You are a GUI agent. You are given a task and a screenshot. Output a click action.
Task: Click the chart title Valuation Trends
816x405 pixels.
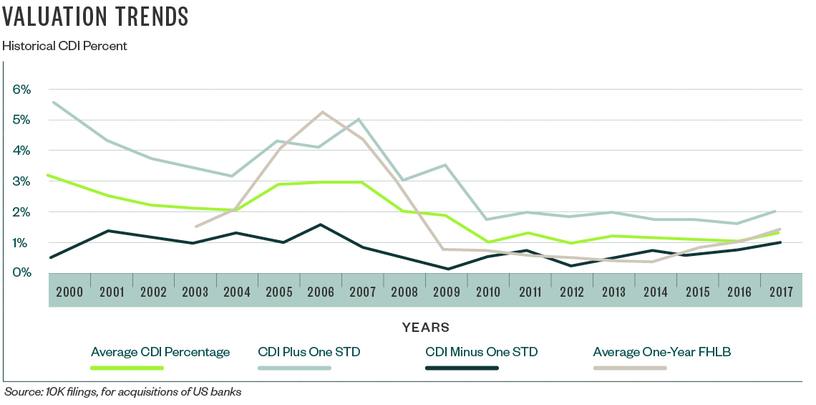[x=96, y=17]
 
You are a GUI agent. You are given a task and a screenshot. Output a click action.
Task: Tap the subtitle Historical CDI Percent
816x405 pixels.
[x=65, y=46]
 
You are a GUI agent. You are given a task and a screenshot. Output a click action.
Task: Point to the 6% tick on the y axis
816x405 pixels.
[x=21, y=90]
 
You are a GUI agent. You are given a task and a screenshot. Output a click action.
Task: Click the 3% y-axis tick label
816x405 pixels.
[x=21, y=181]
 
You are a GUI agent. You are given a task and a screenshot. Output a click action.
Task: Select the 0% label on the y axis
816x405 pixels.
[x=21, y=272]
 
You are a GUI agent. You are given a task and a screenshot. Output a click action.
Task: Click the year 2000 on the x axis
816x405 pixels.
[x=69, y=292]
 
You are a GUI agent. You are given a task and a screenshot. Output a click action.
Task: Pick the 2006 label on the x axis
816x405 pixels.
[x=321, y=292]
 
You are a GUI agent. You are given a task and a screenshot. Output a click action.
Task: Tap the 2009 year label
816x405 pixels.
[x=447, y=292]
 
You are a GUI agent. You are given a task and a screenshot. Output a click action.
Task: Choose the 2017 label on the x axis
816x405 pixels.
[x=781, y=292]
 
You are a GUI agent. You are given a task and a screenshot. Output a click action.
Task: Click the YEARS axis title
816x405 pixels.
[x=426, y=328]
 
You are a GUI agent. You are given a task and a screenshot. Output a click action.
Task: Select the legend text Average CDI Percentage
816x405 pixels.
[x=160, y=352]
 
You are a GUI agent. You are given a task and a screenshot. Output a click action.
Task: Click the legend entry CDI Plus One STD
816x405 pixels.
[x=309, y=352]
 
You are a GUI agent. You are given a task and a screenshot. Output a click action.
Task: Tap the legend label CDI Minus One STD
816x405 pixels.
[x=481, y=352]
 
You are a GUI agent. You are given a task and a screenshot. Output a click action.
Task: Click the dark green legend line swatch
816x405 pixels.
[x=462, y=368]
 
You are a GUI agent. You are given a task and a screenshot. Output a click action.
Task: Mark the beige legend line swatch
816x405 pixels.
[x=630, y=368]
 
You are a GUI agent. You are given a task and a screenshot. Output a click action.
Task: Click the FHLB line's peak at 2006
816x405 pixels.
[x=322, y=112]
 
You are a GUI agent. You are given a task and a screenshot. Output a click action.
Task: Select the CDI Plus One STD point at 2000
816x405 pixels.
[x=54, y=102]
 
